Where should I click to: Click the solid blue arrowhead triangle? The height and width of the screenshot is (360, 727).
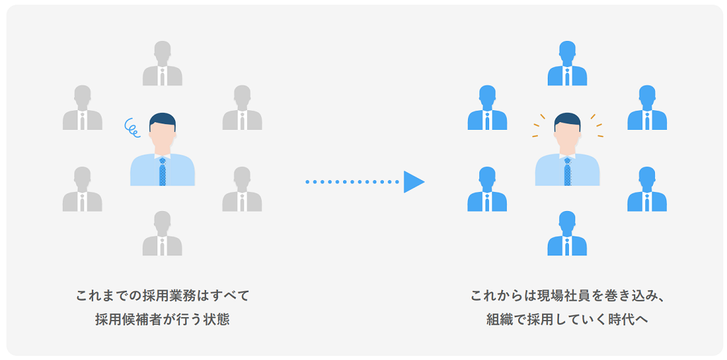click(413, 182)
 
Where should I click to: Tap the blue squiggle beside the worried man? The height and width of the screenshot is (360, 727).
click(131, 126)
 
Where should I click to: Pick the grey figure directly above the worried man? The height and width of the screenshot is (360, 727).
click(162, 64)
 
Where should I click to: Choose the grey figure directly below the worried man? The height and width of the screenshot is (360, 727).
click(162, 234)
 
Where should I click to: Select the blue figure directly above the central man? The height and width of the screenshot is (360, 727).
click(567, 64)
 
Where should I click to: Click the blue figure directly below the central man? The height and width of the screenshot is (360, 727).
click(567, 234)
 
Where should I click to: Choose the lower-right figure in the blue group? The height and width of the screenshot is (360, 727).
click(647, 190)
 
